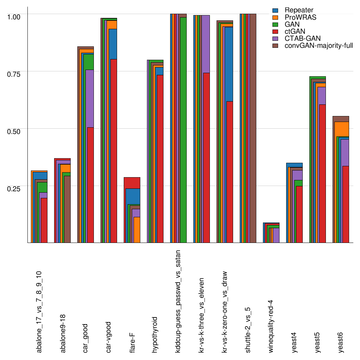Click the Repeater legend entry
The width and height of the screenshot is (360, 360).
click(299, 10)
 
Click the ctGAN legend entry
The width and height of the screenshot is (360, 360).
click(295, 31)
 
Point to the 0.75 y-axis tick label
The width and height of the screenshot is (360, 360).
click(14, 73)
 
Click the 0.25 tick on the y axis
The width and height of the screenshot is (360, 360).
click(14, 188)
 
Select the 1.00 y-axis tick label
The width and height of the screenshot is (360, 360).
click(14, 17)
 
